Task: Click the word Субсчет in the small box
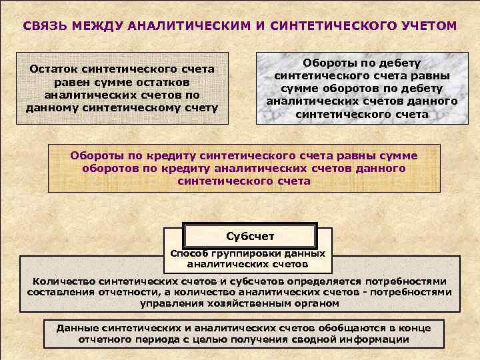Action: pos(250,236)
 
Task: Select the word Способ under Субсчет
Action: pos(190,253)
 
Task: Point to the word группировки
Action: pos(241,253)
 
